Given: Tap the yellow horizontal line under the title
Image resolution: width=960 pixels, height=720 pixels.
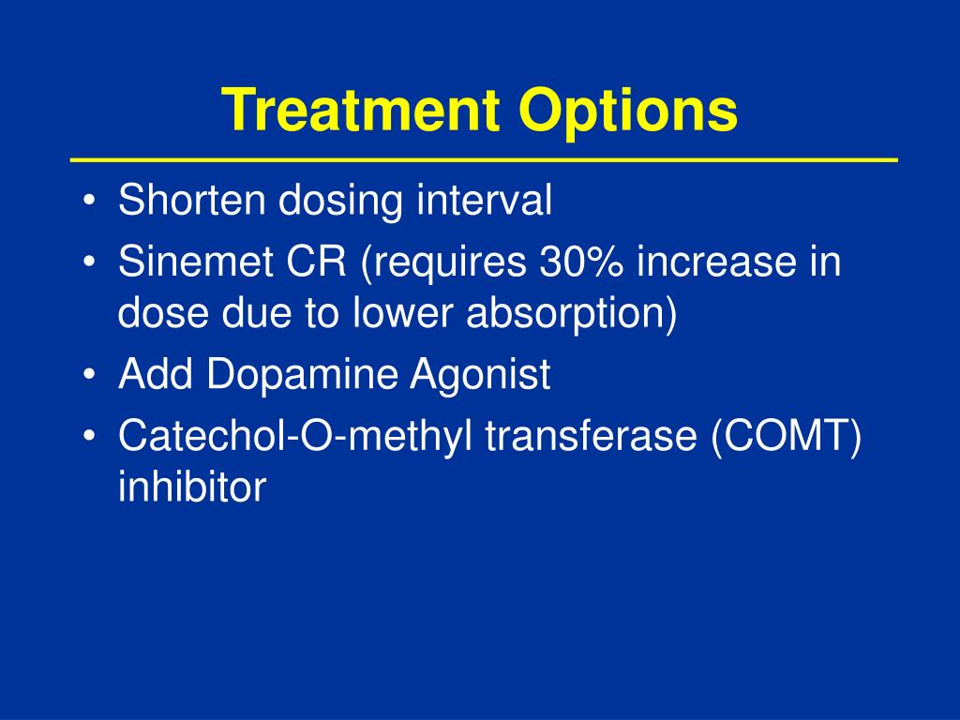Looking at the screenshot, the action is click(485, 159).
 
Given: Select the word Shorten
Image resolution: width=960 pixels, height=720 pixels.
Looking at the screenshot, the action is click(191, 200).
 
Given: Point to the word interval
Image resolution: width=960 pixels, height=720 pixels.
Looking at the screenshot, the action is click(485, 200).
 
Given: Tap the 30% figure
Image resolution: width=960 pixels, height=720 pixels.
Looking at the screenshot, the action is click(581, 262).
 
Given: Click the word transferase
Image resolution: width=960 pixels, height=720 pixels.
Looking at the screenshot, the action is click(592, 435).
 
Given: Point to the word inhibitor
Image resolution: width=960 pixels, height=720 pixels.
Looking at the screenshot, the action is click(192, 487).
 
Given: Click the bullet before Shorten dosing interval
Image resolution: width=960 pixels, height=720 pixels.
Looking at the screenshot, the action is click(89, 201).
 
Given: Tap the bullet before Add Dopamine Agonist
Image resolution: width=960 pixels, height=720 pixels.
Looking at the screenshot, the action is click(89, 375).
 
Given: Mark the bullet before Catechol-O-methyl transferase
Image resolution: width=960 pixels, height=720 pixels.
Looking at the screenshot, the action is click(89, 436).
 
